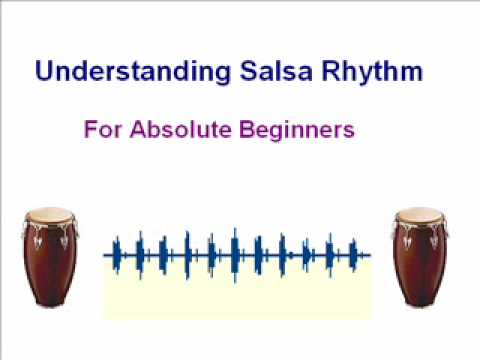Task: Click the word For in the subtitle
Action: coord(101,130)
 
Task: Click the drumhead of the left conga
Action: coord(48,215)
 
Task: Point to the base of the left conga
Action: coord(48,302)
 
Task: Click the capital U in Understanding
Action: coord(44,72)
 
